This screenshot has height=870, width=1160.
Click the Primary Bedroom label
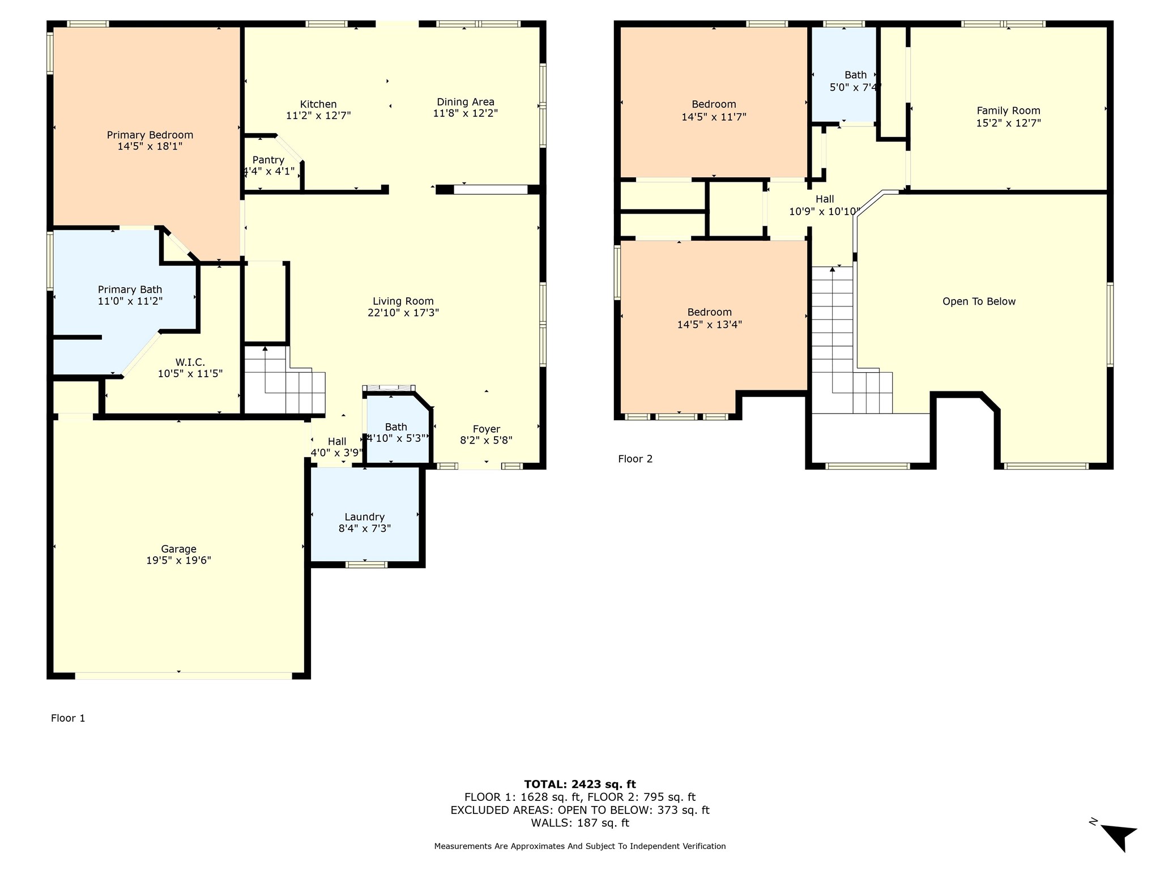[150, 135]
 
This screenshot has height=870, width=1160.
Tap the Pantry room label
[268, 160]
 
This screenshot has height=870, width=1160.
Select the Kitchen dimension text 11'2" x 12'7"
[318, 116]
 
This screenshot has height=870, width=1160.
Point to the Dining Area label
[466, 102]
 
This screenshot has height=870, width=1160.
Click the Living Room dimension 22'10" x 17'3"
[403, 313]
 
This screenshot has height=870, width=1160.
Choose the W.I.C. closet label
[190, 362]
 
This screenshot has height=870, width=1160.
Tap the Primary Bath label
[130, 289]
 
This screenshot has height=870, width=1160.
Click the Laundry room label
[365, 517]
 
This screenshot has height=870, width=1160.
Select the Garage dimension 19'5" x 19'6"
[179, 560]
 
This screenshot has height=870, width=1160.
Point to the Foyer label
[487, 429]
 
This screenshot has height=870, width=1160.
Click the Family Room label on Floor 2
[1009, 110]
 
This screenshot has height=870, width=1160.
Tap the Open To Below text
[979, 301]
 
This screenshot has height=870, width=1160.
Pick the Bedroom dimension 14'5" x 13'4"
[710, 325]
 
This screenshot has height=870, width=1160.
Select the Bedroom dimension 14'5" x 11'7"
[714, 117]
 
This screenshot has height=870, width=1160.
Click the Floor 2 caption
[636, 459]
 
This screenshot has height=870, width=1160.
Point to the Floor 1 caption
[68, 718]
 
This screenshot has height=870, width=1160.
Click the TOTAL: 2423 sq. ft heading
[580, 784]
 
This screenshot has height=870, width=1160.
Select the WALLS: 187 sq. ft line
[580, 823]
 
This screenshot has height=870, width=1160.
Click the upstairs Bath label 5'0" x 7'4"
[856, 81]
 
